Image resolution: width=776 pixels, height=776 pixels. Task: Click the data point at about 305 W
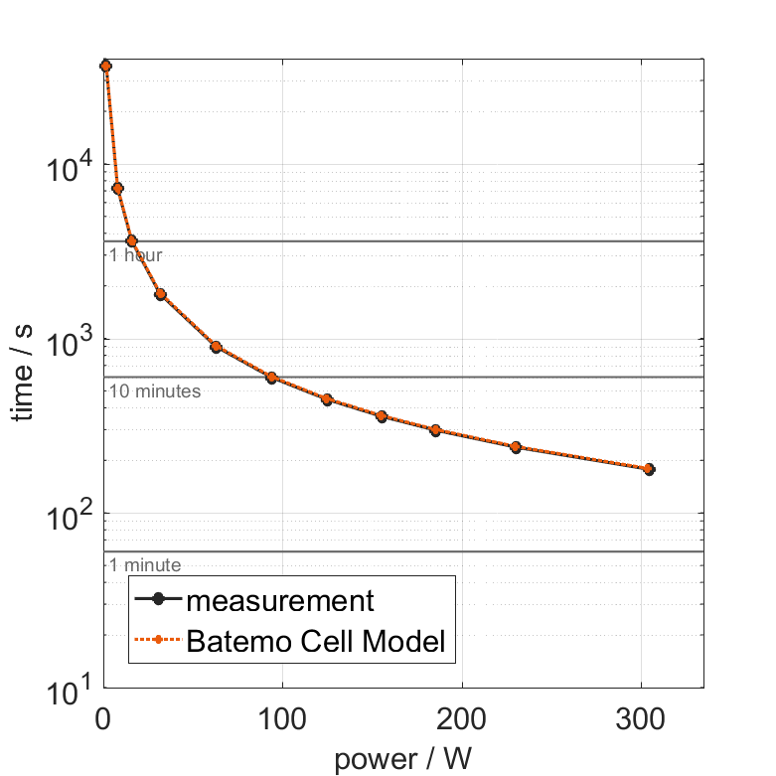(x=649, y=469)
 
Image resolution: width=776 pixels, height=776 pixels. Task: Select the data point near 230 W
(x=516, y=447)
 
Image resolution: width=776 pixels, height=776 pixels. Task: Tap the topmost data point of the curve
(x=105, y=66)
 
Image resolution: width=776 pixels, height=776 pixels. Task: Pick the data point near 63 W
(x=216, y=347)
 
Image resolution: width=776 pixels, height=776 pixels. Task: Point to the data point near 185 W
(x=435, y=430)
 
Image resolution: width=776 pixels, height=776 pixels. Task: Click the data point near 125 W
(x=327, y=399)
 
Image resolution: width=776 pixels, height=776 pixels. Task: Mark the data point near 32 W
(x=160, y=294)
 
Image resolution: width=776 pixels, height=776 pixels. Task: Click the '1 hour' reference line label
(x=135, y=255)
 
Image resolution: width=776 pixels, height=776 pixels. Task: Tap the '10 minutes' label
(x=155, y=391)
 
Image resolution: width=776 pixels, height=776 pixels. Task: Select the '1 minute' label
(x=145, y=565)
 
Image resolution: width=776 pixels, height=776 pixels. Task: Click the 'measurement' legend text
(x=280, y=601)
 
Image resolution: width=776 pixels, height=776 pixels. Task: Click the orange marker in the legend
(x=158, y=643)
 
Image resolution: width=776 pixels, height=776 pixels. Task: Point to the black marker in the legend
(x=158, y=601)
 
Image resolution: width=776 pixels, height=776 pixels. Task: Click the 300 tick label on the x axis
(x=640, y=719)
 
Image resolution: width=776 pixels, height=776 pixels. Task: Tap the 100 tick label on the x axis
(x=282, y=719)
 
